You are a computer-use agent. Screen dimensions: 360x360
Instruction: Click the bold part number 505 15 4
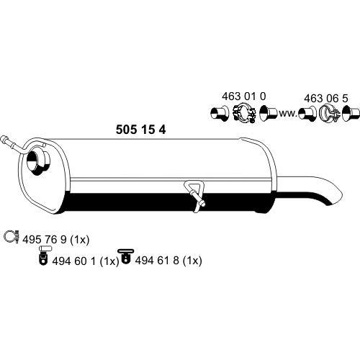coord(140,130)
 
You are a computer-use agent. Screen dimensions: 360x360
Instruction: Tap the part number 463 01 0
coord(244,96)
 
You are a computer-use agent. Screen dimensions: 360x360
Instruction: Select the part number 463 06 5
coord(326,99)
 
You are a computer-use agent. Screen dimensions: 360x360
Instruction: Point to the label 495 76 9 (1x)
coord(56,240)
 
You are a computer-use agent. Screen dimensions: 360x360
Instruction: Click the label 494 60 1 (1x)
coord(86,261)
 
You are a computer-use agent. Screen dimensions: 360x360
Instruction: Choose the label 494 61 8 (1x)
coord(168,261)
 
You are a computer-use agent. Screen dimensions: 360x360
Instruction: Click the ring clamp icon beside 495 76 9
coord(12,237)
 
